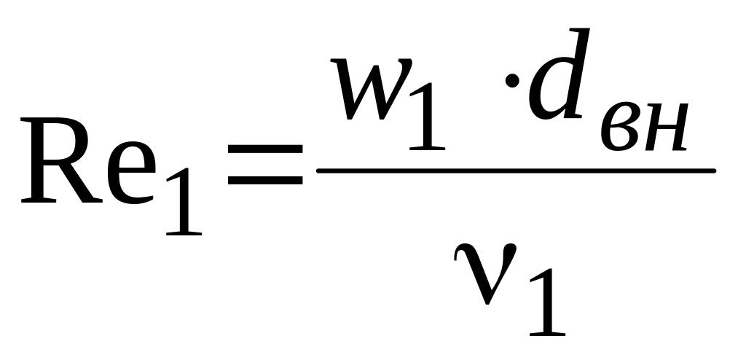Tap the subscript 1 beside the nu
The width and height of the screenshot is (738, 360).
(x=546, y=306)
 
